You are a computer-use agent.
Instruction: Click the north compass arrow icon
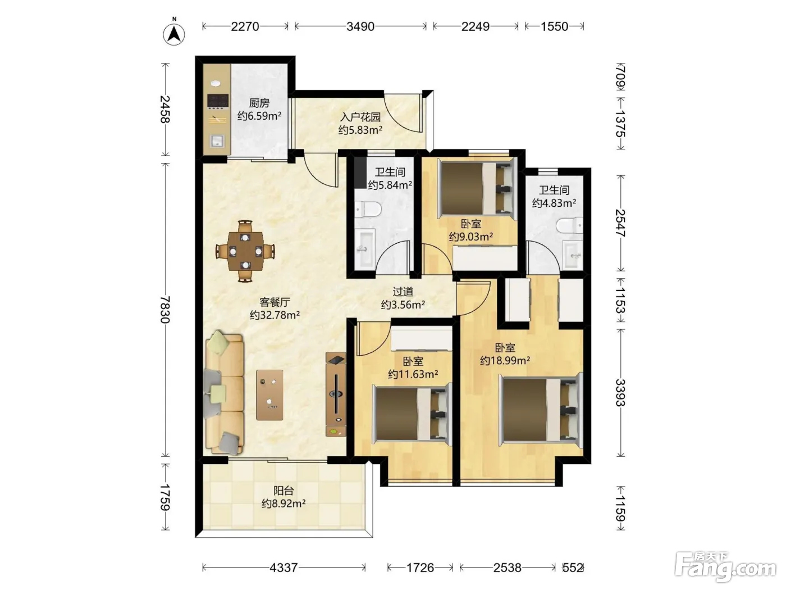pyautogui.click(x=174, y=35)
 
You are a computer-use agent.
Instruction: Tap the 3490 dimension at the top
pyautogui.click(x=360, y=26)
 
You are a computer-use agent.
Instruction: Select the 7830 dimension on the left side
pyautogui.click(x=164, y=309)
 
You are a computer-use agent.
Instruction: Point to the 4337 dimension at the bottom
pyautogui.click(x=284, y=568)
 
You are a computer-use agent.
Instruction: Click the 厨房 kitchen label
pyautogui.click(x=259, y=103)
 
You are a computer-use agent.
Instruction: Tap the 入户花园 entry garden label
pyautogui.click(x=360, y=117)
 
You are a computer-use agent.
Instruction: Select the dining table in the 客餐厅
pyautogui.click(x=245, y=251)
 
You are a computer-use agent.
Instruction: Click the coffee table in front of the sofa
pyautogui.click(x=269, y=395)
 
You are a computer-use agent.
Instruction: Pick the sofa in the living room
pyautogui.click(x=224, y=393)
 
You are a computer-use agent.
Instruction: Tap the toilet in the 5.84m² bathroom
pyautogui.click(x=367, y=209)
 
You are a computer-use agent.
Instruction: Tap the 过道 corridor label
pyautogui.click(x=403, y=292)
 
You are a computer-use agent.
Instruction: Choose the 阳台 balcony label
pyautogui.click(x=284, y=490)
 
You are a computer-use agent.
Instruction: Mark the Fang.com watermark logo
pyautogui.click(x=725, y=567)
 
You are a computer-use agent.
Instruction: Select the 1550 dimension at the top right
pyautogui.click(x=554, y=26)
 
